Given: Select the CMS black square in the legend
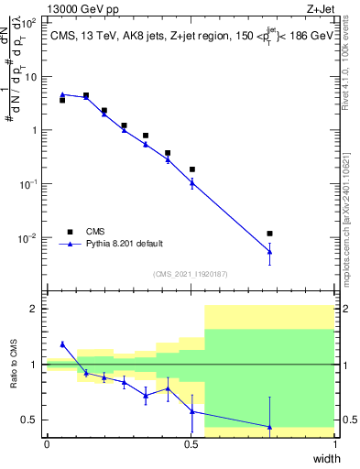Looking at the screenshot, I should tap(70, 232).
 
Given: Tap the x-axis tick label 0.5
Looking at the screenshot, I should tap(191, 444).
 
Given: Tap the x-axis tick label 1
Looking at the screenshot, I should tap(335, 444).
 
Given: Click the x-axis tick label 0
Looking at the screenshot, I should tap(47, 444).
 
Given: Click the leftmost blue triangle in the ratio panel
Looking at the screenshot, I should tap(62, 344).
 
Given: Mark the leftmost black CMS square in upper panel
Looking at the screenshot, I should tap(62, 100).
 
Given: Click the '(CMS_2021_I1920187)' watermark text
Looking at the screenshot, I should tap(191, 274).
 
